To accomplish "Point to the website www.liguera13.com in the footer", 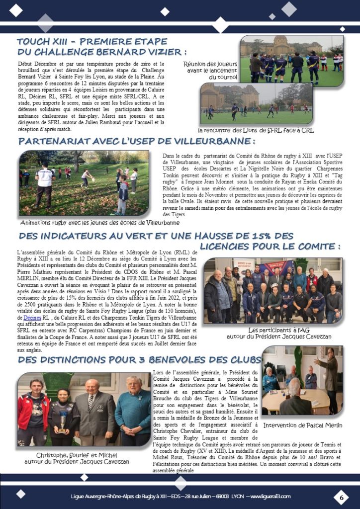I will click(x=270, y=496).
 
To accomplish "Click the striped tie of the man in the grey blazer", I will click(x=90, y=402).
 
